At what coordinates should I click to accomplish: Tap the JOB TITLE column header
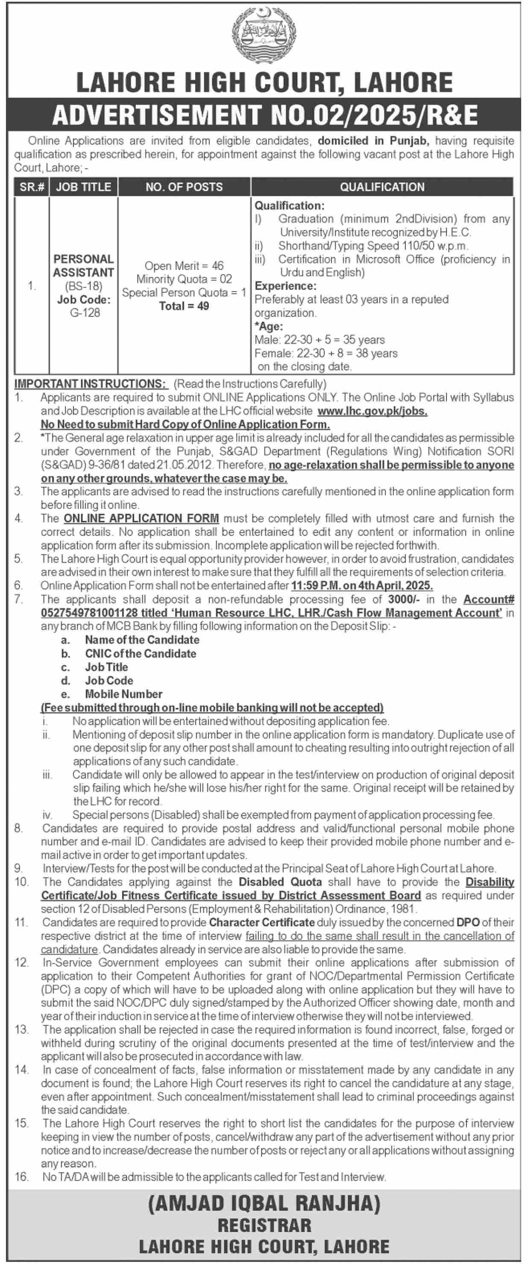coord(83,187)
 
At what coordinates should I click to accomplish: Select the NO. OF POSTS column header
coord(184,187)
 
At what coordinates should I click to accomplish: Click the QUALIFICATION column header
coord(382,187)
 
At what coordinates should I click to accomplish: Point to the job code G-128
coord(85,313)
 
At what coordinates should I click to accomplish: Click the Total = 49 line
coord(184,306)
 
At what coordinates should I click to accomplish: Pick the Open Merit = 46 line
coord(184,266)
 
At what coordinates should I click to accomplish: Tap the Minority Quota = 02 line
coord(184,279)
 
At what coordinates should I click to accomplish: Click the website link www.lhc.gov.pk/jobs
coord(372,411)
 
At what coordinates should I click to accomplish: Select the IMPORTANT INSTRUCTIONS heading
coord(91,384)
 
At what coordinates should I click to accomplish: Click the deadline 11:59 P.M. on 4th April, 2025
coord(362,585)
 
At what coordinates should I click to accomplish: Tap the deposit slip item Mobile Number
coord(123,694)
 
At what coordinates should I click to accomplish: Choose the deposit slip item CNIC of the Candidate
coord(141,654)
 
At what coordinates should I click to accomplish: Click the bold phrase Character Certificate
coord(261,922)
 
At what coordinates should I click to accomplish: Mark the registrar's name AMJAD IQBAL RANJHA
coord(264,1204)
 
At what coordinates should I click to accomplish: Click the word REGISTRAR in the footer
coord(264,1225)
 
